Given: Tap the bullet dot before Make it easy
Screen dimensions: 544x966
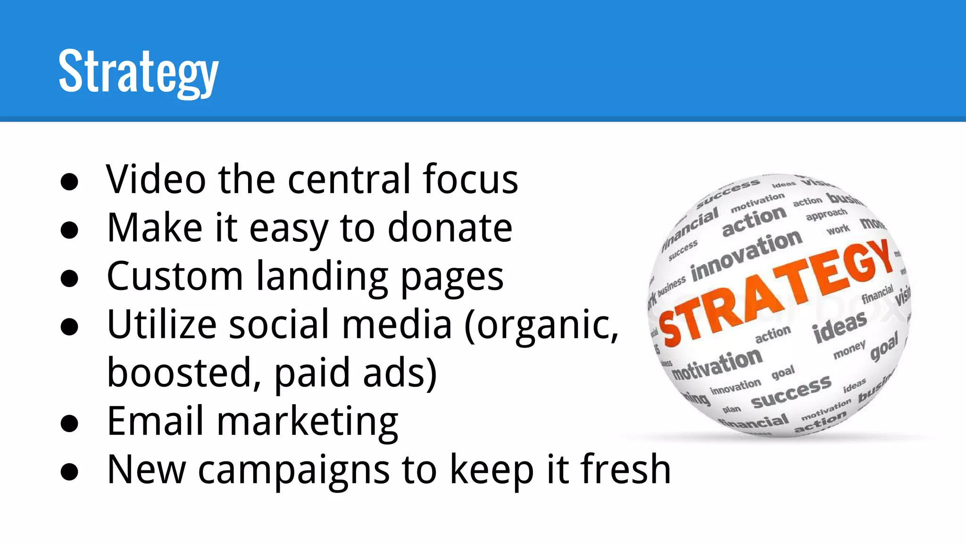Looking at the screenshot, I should pyautogui.click(x=69, y=230).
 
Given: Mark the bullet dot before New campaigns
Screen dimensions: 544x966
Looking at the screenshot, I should pyautogui.click(x=69, y=472).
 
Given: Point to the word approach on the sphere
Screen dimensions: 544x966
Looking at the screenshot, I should pyautogui.click(x=826, y=214).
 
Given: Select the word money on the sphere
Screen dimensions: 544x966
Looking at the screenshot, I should pyautogui.click(x=849, y=350).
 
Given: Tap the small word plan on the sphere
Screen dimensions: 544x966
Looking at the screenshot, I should pyautogui.click(x=732, y=409).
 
